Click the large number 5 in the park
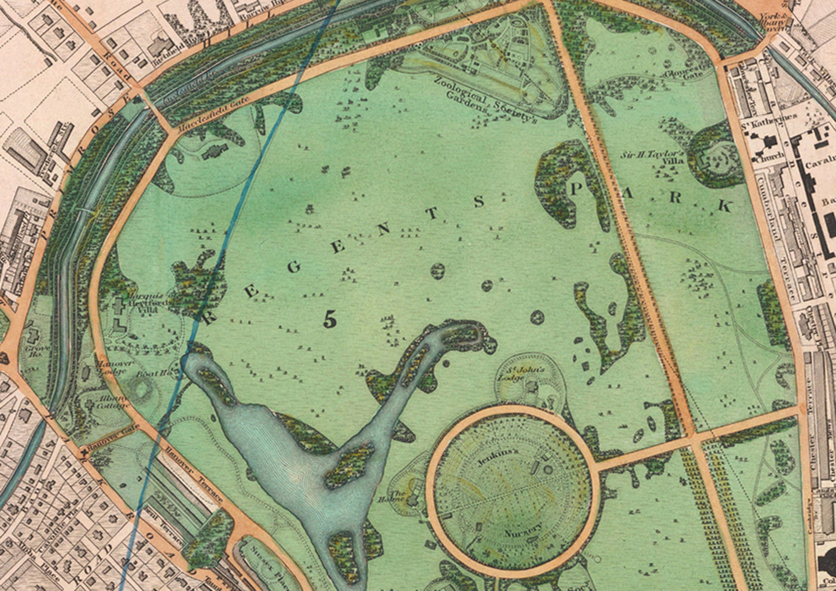330,319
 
